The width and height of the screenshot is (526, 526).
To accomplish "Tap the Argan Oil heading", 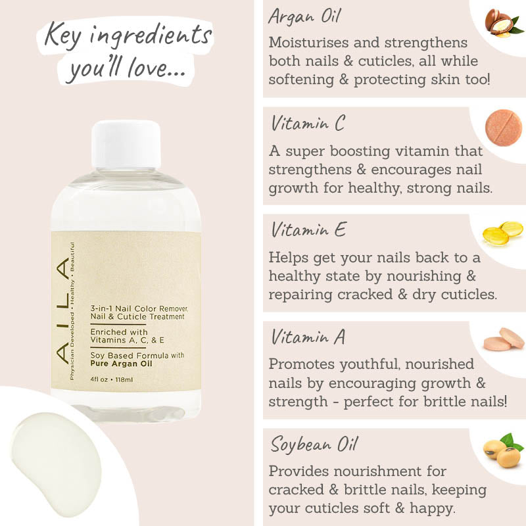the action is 305,16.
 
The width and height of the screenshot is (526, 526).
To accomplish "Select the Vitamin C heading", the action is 308,123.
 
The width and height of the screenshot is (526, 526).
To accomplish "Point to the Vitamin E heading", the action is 308,229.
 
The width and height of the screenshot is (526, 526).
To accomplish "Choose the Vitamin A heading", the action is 308,337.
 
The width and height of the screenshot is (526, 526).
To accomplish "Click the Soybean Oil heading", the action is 314,444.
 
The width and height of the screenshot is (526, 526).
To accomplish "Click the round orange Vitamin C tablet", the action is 504,128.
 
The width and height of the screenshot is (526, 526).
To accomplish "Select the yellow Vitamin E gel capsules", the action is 503,233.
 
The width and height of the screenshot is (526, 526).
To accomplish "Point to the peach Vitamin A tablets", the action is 504,339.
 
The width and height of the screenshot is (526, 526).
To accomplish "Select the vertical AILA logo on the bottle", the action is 62,310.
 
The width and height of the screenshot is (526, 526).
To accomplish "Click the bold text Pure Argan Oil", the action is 121,364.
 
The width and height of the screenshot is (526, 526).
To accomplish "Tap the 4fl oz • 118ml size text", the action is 111,379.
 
